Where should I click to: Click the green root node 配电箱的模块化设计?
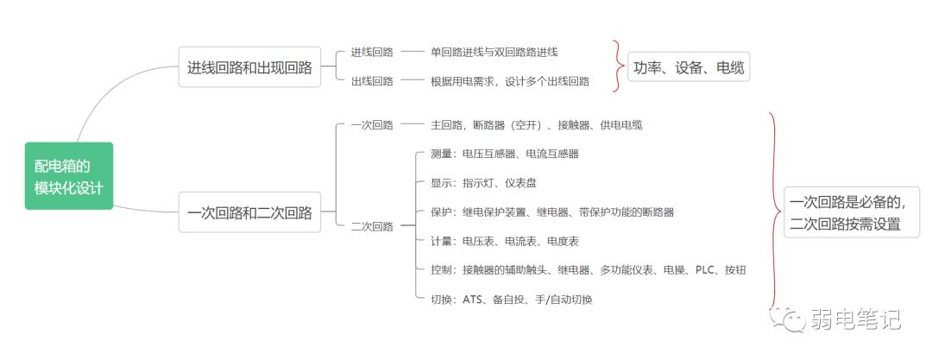pyautogui.click(x=68, y=175)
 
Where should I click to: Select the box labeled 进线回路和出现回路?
pyautogui.click(x=249, y=67)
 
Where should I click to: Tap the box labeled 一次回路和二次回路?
pyautogui.click(x=249, y=212)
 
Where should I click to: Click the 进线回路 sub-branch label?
pyautogui.click(x=372, y=52)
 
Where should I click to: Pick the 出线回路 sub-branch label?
pyautogui.click(x=372, y=81)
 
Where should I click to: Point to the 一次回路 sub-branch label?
pyautogui.click(x=372, y=124)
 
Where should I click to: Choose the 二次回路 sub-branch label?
pyautogui.click(x=372, y=226)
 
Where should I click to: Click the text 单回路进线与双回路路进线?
pyautogui.click(x=494, y=52)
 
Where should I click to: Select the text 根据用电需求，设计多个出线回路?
pyautogui.click(x=509, y=81)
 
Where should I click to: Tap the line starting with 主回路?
pyautogui.click(x=536, y=124)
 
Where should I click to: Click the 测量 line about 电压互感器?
pyautogui.click(x=504, y=154)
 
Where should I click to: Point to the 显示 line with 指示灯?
pyautogui.click(x=483, y=183)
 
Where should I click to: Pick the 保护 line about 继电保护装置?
pyautogui.click(x=551, y=212)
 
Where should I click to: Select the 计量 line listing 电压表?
pyautogui.click(x=504, y=241)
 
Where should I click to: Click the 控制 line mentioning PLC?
pyautogui.click(x=587, y=270)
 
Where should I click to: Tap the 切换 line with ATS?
pyautogui.click(x=511, y=300)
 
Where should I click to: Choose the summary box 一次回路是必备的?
pyautogui.click(x=851, y=212)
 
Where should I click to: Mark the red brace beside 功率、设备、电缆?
pyautogui.click(x=618, y=66)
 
